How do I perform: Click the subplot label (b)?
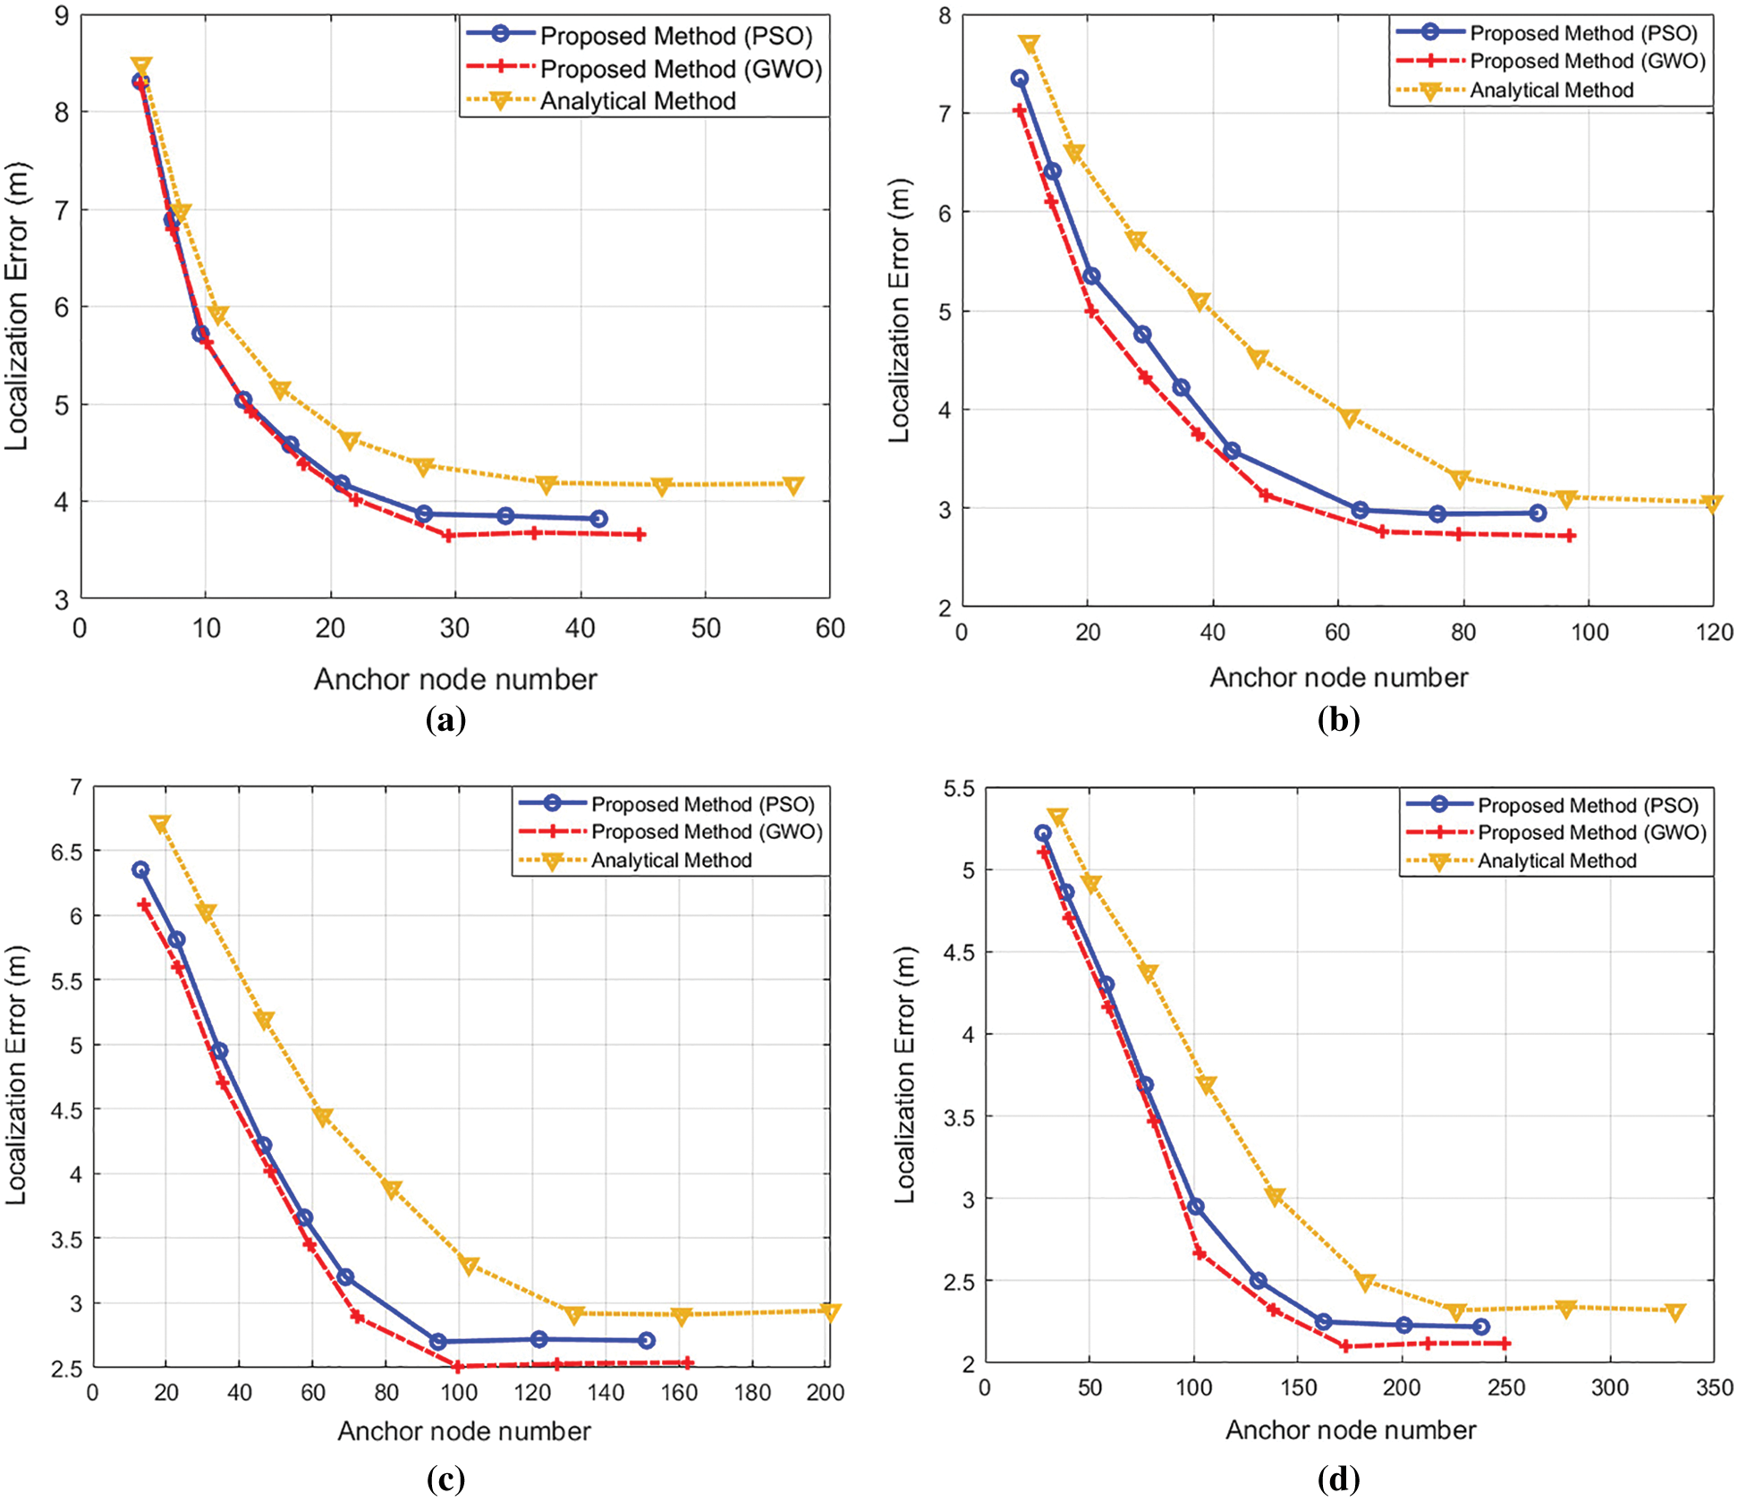pos(1338,719)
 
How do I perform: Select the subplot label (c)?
pos(445,1480)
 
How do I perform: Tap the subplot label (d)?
pos(1338,1480)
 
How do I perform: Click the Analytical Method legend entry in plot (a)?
pos(637,101)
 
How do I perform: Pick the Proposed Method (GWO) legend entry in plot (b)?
pos(1587,62)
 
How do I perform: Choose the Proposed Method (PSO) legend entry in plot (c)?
pos(702,804)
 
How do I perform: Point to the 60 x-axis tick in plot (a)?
pos(830,629)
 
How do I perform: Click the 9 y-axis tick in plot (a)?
pos(62,16)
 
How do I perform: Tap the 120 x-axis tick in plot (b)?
pos(1714,632)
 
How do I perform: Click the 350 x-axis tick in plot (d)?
pos(1714,1387)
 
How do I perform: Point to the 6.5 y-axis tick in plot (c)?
pos(66,852)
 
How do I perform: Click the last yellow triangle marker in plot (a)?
pos(793,485)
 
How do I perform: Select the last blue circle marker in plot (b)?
pos(1537,513)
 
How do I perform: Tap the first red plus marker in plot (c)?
pos(144,905)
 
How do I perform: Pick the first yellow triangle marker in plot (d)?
pos(1057,817)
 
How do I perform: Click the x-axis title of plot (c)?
pos(463,1431)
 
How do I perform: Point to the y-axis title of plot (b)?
pos(899,310)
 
